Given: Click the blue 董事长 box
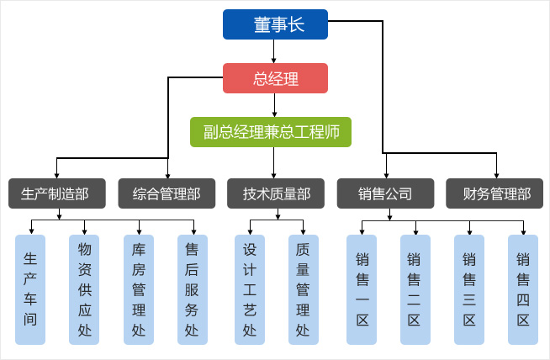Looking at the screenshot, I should point(275,24).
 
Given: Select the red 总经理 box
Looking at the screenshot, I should point(275,78).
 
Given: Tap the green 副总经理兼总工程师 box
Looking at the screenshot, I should point(270,132).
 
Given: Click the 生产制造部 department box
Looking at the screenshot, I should point(57,193).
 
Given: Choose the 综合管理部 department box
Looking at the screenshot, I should point(167,193).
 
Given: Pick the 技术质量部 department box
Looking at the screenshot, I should point(276,193).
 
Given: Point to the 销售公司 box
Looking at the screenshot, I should point(385,193).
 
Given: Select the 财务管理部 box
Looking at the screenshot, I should point(495,193).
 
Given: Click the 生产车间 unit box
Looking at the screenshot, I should point(30,289).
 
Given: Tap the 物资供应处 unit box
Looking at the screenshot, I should point(84,289).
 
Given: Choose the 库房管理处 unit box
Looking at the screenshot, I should point(139,289).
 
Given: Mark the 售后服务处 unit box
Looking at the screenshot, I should point(193,289).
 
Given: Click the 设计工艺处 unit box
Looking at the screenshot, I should point(249,289).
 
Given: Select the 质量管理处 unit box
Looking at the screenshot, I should point(303,289).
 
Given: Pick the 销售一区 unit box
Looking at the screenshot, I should point(362,289).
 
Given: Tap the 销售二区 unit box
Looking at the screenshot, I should point(415,289).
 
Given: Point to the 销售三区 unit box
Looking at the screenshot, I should point(469,289).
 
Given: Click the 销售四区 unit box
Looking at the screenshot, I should point(523,289).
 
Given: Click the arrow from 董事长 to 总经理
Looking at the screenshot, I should point(274,51).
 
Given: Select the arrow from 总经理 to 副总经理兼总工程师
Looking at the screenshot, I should point(274,104).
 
